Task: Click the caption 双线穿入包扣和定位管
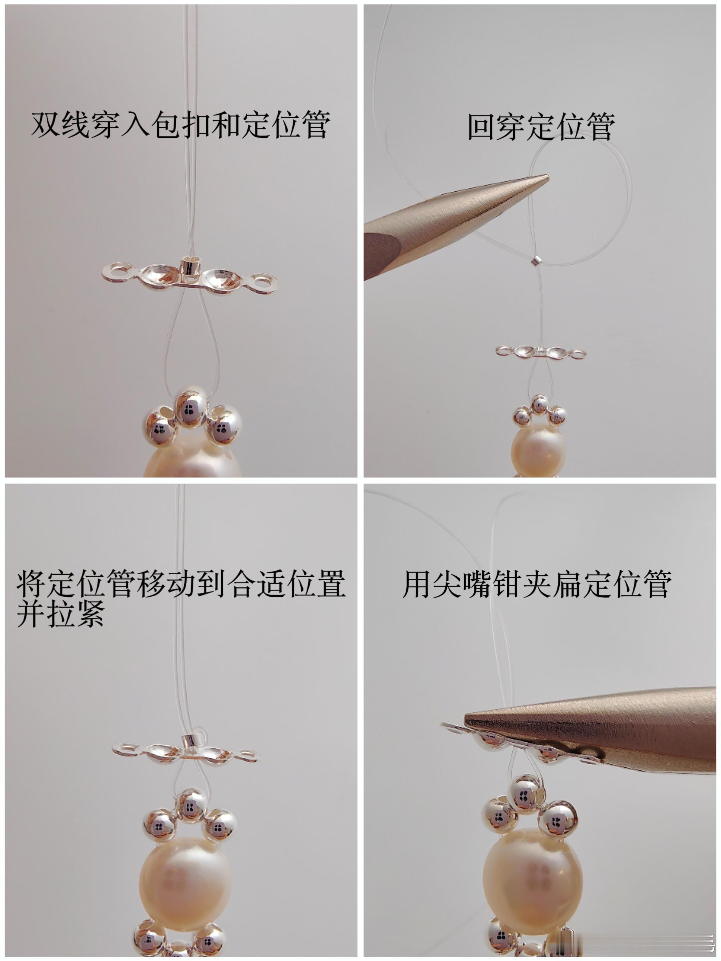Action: click(181, 125)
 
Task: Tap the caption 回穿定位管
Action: click(541, 127)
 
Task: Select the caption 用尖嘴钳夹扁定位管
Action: click(537, 584)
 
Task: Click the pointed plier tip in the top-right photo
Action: click(548, 176)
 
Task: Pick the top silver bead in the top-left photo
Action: click(190, 408)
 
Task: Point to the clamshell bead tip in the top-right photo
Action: click(541, 352)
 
